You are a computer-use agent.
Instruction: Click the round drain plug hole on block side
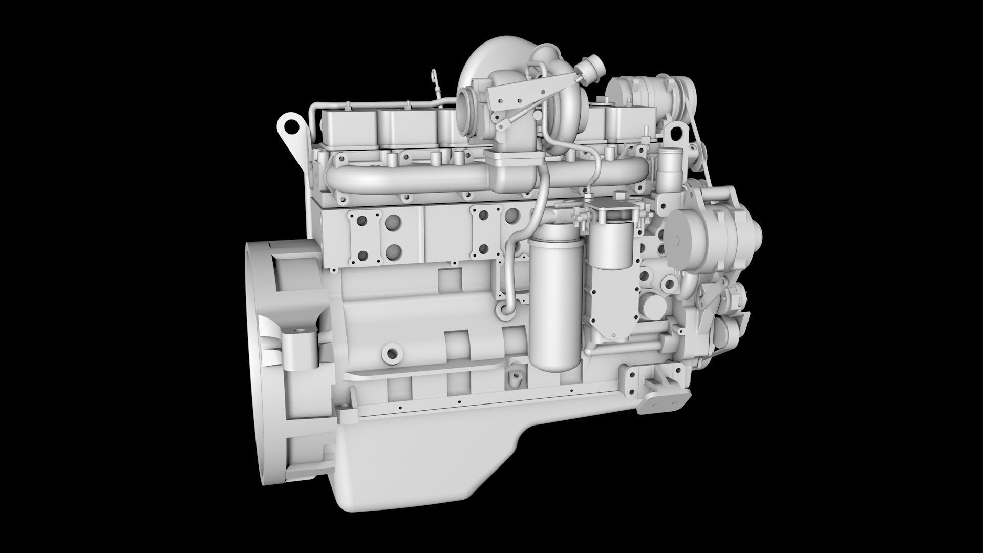[x=392, y=353]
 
